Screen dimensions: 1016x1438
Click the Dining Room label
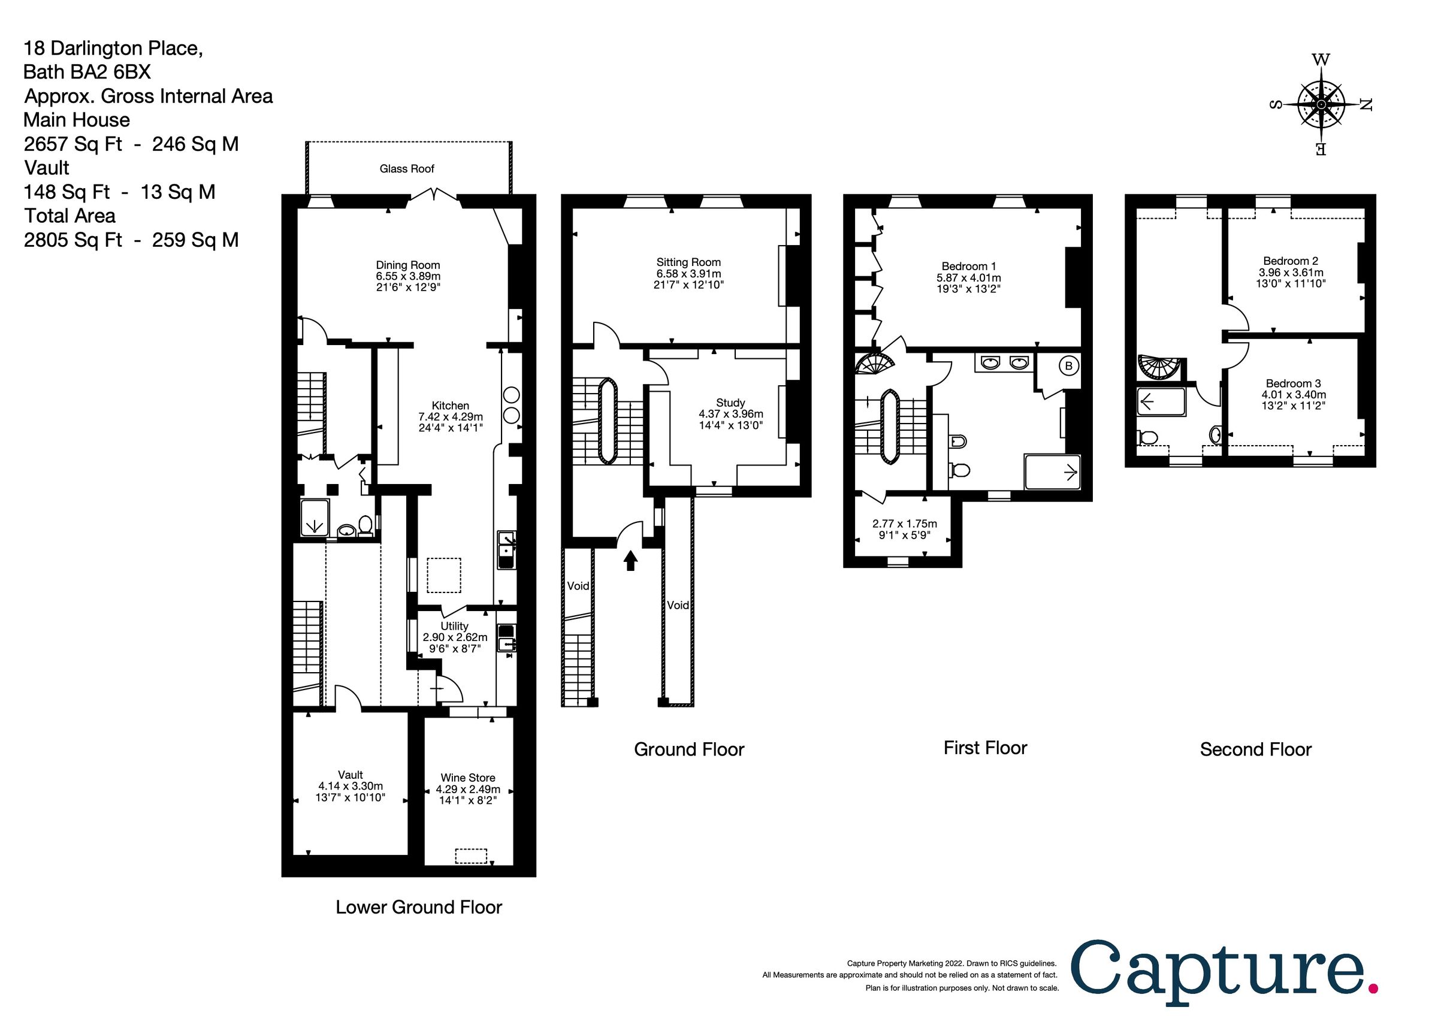pyautogui.click(x=407, y=265)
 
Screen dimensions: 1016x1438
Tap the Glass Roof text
pyautogui.click(x=406, y=168)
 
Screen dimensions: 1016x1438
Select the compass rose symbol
pyautogui.click(x=1321, y=105)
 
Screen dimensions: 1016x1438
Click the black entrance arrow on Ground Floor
pyautogui.click(x=631, y=560)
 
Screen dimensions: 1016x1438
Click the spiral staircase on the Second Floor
pyautogui.click(x=1159, y=368)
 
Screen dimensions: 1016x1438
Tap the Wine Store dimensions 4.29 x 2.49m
pyautogui.click(x=468, y=790)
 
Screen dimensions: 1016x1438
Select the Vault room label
pyautogui.click(x=350, y=775)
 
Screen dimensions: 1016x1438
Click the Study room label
pyautogui.click(x=730, y=403)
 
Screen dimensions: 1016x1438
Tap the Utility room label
pyautogui.click(x=454, y=626)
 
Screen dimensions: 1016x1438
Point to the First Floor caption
pyautogui.click(x=985, y=748)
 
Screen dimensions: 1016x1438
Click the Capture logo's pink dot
pyautogui.click(x=1373, y=989)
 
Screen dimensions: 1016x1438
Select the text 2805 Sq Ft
pyautogui.click(x=72, y=240)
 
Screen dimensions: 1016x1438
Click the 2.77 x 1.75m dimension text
pyautogui.click(x=904, y=524)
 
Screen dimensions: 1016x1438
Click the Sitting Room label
pyautogui.click(x=688, y=262)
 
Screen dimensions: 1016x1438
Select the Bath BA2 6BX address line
pyautogui.click(x=87, y=72)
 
